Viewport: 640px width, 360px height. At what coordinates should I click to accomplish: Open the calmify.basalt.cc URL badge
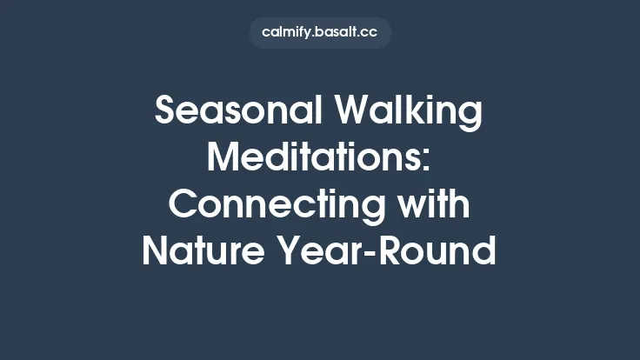point(320,32)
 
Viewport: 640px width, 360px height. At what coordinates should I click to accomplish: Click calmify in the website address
point(289,32)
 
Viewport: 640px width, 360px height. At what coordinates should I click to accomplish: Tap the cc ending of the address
point(370,32)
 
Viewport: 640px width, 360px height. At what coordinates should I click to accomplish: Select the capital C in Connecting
point(183,204)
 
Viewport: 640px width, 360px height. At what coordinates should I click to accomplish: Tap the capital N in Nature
point(157,251)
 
